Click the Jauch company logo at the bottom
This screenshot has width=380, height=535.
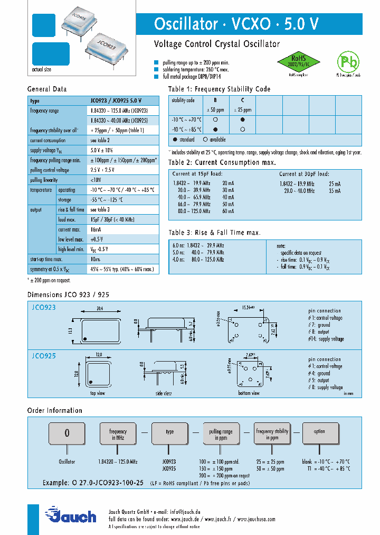pyautogui.click(x=71, y=516)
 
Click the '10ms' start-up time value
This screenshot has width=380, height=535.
pyautogui.click(x=96, y=259)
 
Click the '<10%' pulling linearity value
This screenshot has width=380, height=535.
pyautogui.click(x=96, y=180)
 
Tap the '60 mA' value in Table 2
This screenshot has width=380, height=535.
pyautogui.click(x=228, y=211)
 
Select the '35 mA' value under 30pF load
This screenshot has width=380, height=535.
pyautogui.click(x=335, y=190)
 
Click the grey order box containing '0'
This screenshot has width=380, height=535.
pyautogui.click(x=67, y=433)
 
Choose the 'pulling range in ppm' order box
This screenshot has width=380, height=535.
pyautogui.click(x=221, y=435)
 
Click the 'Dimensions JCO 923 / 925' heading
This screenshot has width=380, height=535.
pyautogui.click(x=68, y=294)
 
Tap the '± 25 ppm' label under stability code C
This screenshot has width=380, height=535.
pyautogui.click(x=242, y=110)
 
